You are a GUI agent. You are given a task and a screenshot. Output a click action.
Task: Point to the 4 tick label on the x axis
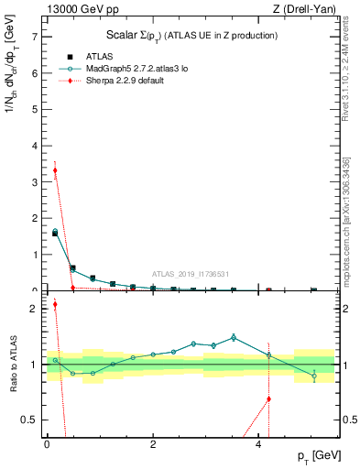tap(258, 443)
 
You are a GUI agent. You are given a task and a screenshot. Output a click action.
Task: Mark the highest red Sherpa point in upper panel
tap(55, 170)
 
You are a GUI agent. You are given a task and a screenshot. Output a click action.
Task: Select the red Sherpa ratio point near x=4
tap(268, 398)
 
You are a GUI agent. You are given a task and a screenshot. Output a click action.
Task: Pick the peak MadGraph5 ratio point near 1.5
tap(234, 337)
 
